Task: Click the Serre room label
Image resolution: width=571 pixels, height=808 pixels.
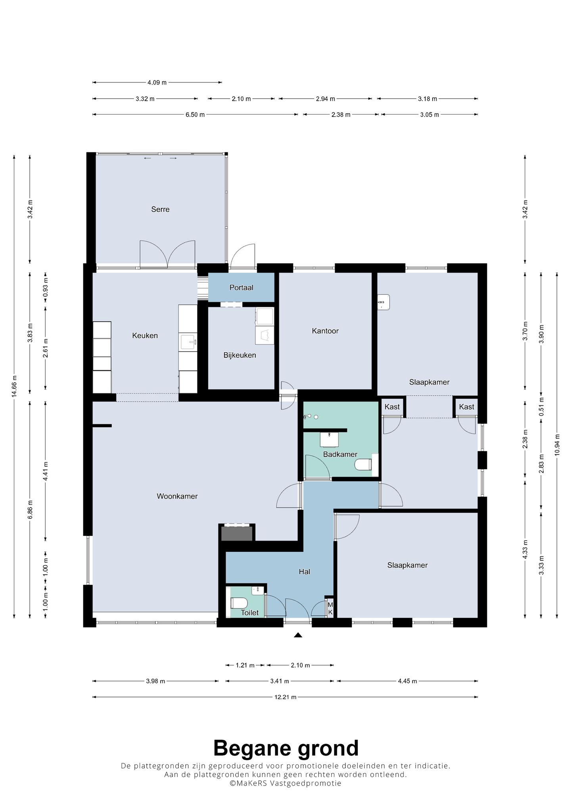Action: (x=160, y=209)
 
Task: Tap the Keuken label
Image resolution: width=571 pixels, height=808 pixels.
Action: (x=145, y=336)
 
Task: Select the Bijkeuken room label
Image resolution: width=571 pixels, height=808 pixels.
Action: (x=240, y=355)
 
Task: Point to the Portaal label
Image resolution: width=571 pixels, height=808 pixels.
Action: (x=241, y=288)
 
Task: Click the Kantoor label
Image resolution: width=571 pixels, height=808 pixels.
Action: (x=325, y=331)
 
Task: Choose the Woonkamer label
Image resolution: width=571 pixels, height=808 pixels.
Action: (x=177, y=496)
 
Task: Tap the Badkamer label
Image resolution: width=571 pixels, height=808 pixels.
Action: (x=340, y=455)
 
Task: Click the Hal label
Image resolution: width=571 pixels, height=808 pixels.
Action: (x=304, y=572)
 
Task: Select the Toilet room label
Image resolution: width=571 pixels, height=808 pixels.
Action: (x=250, y=612)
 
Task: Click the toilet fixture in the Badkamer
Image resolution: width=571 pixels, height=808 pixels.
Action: (x=363, y=464)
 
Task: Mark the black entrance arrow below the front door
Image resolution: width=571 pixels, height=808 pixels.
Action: (x=298, y=635)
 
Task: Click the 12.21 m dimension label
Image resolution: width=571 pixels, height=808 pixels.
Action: (x=285, y=697)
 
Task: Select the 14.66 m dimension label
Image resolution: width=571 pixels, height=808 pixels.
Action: (x=14, y=386)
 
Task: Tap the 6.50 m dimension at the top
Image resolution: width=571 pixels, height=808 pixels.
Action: (x=195, y=115)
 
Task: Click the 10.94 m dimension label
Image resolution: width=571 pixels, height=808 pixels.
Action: (x=557, y=445)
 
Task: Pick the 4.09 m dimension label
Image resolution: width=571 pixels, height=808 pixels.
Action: (x=157, y=83)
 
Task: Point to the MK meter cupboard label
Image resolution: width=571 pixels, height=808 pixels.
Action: (x=330, y=608)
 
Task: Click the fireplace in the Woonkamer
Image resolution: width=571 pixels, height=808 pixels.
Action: (x=237, y=533)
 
